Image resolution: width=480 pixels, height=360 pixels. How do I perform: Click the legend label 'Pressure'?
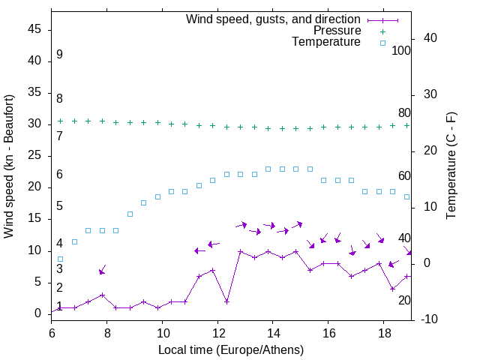(337, 31)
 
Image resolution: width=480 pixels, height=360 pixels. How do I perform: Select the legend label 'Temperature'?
(326, 42)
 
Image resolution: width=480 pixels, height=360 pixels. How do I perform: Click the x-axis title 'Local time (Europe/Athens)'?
(231, 349)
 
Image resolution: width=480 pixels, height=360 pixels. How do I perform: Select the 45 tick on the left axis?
(34, 30)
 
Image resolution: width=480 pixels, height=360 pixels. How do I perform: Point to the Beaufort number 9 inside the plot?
(59, 55)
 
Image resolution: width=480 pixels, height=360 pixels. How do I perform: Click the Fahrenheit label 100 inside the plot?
(401, 50)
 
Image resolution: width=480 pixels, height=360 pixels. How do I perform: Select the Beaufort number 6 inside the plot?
(59, 175)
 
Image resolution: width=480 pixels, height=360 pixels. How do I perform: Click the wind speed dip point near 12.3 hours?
(226, 301)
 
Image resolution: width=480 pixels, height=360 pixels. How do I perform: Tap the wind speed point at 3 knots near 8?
(102, 295)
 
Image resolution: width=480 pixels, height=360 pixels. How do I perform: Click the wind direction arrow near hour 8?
(102, 269)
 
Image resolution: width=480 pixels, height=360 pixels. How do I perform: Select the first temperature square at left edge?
(61, 259)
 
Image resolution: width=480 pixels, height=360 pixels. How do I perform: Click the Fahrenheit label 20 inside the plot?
(404, 300)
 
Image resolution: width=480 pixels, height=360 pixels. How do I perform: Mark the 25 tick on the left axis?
(34, 156)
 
